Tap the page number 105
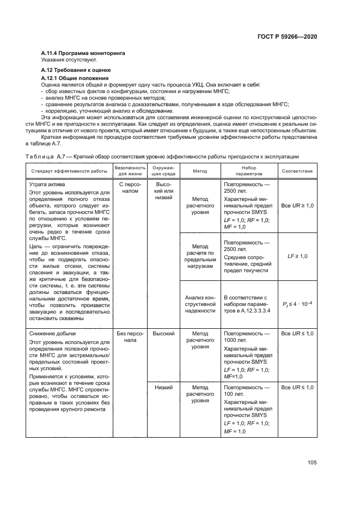coord(312,463)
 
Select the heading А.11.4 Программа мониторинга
coord(83,53)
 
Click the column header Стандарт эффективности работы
coord(69,171)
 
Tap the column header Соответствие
coord(297,171)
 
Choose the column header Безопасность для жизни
coord(129,171)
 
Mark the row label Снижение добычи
coord(52,333)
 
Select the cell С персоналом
coord(129,188)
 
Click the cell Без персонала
coord(129,336)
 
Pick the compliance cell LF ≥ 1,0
coord(297,256)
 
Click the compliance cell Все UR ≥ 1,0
coord(297,207)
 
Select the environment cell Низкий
coord(163,388)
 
